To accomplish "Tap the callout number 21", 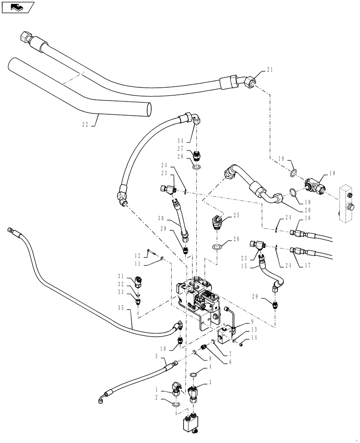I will [x=270, y=69].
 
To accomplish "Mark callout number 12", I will [x=137, y=255].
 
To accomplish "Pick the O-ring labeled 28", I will [x=197, y=167].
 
